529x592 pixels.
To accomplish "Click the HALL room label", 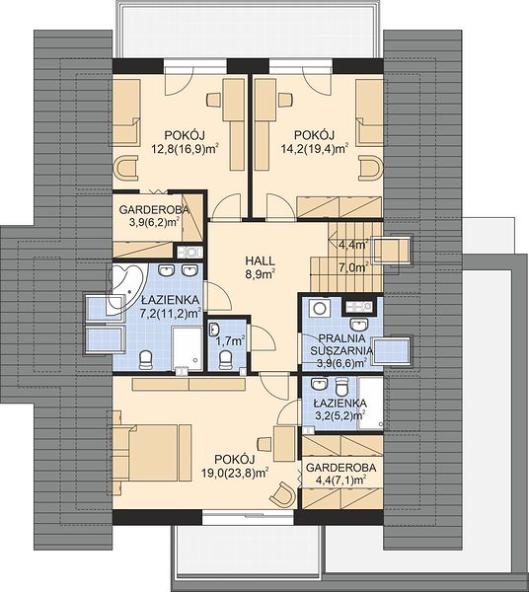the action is [261, 260].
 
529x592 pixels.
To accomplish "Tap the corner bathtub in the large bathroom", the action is [125, 286].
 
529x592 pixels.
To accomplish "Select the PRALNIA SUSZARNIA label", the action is [341, 344].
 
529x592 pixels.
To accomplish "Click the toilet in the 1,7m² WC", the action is [226, 360].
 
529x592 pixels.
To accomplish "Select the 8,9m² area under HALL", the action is [261, 274].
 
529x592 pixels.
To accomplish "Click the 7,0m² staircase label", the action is [353, 268].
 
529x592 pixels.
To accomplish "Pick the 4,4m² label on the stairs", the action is [353, 245].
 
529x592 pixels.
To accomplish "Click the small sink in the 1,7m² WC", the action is [214, 330].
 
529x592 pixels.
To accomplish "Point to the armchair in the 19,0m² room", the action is [281, 493].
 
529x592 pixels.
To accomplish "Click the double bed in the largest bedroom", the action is [152, 452].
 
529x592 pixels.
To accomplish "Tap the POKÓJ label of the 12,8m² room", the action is [185, 135].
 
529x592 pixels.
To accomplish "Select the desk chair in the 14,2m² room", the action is [285, 101].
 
